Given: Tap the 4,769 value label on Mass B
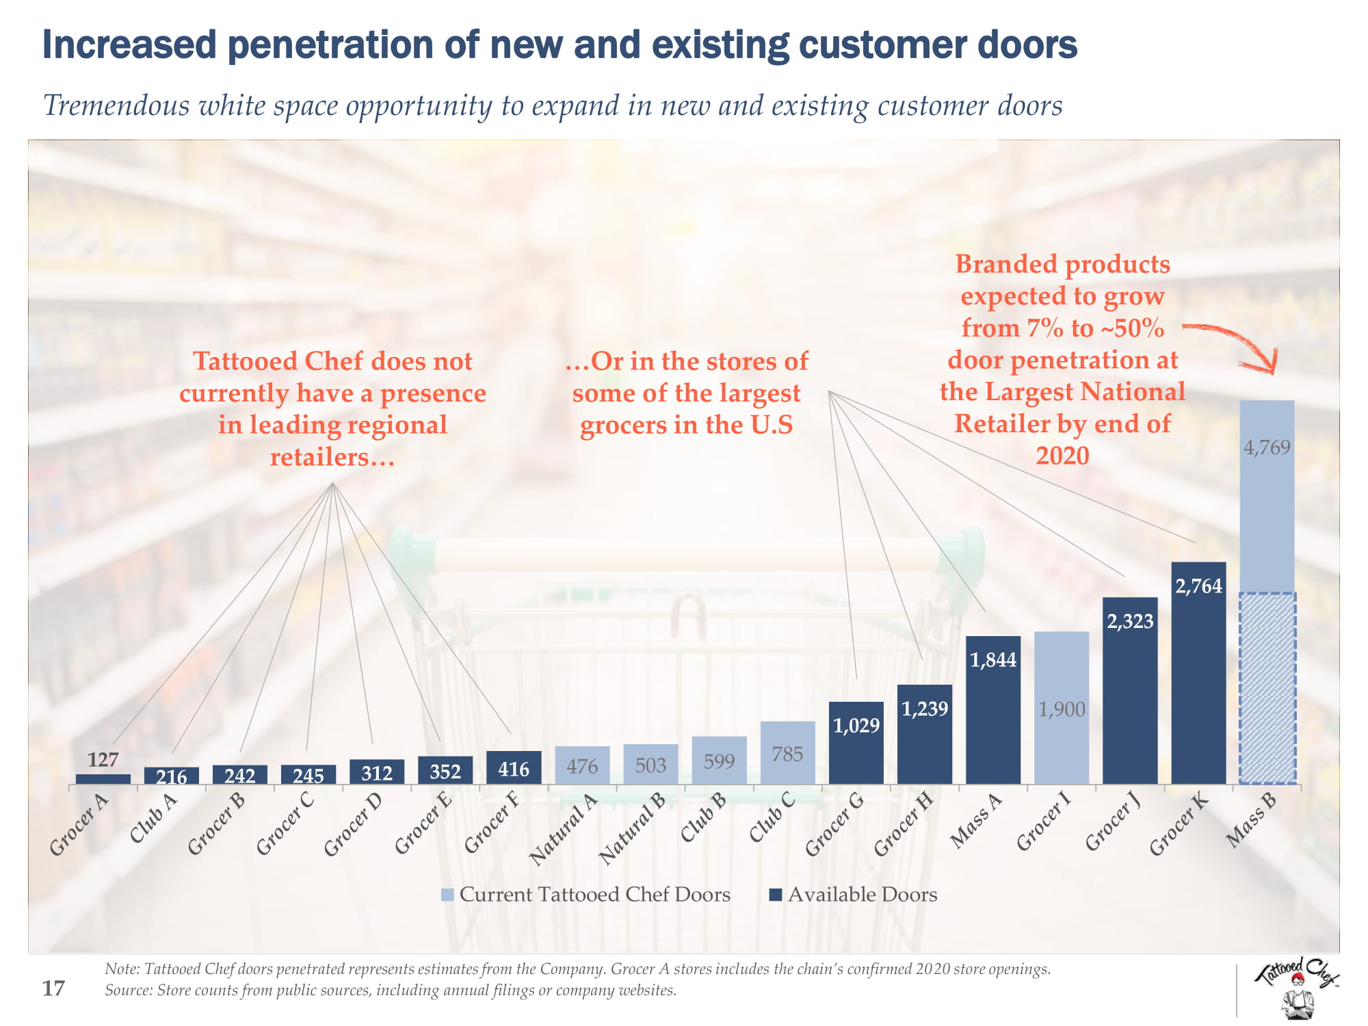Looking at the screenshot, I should tap(1267, 447).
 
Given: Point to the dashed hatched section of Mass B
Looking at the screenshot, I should tap(1267, 687).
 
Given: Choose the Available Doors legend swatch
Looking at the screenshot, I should tap(776, 895).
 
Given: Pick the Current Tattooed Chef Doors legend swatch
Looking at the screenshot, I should tap(448, 895).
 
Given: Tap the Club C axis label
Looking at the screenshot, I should tap(773, 817).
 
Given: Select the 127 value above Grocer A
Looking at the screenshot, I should tap(103, 760).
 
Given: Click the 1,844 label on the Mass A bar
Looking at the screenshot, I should tap(993, 660).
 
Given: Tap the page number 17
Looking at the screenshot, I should tap(53, 988).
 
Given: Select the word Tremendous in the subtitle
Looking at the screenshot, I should tap(116, 106).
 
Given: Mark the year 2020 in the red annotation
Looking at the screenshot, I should tap(1062, 456).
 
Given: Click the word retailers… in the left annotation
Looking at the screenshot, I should tap(332, 457).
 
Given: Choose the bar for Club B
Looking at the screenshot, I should tap(720, 760).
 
